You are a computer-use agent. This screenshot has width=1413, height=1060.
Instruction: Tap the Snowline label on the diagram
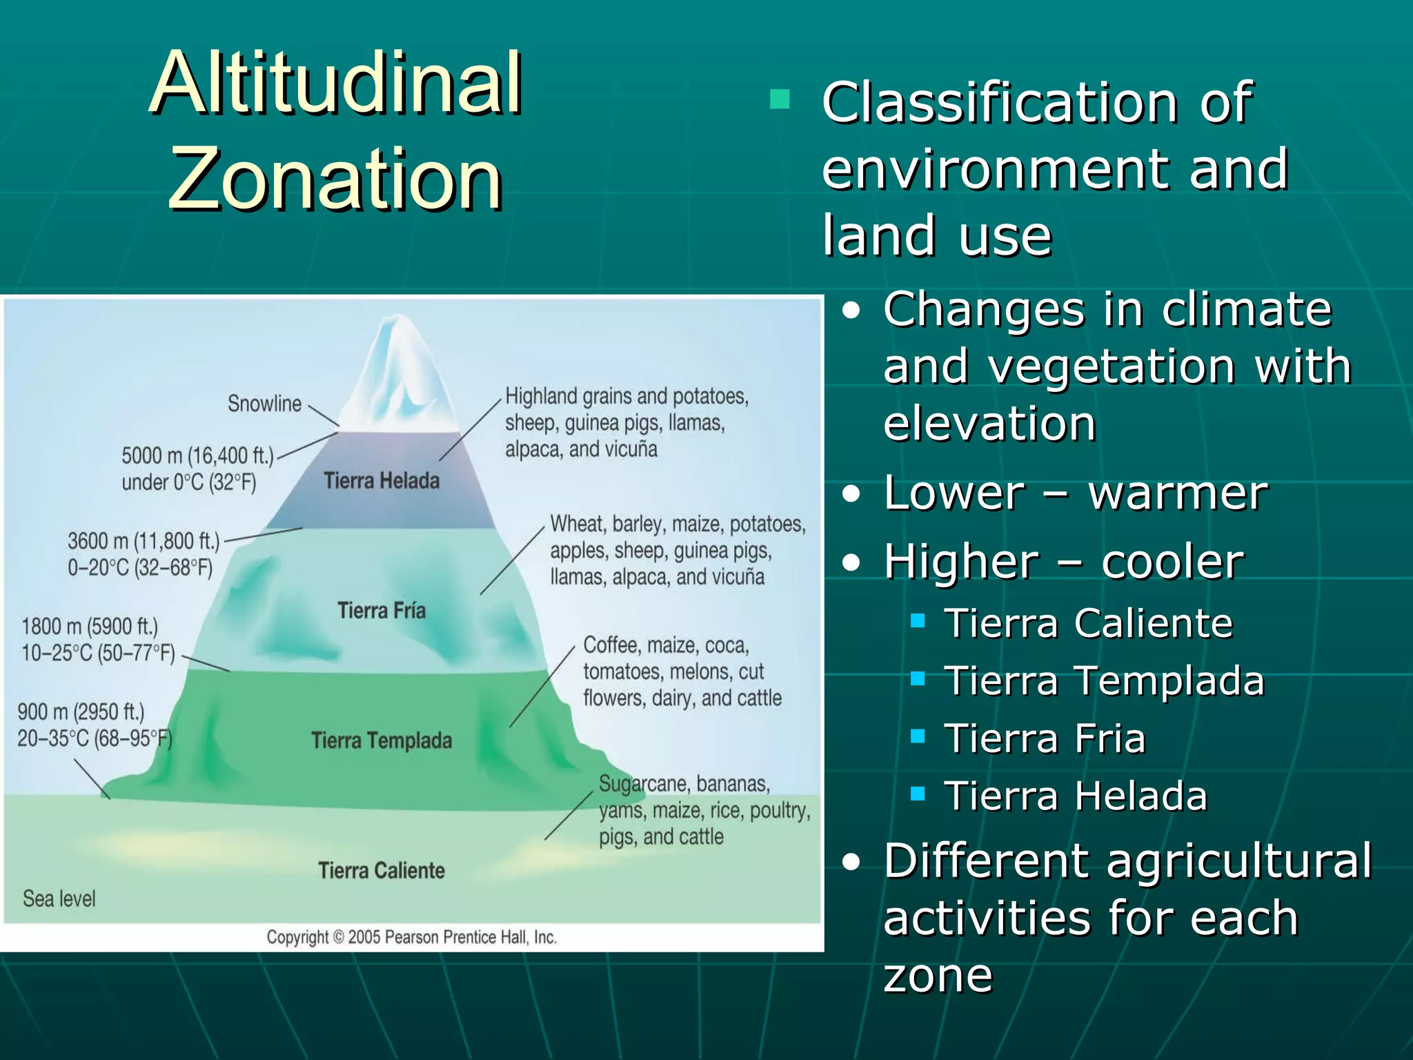point(264,404)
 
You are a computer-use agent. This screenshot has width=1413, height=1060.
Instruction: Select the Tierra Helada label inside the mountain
point(382,480)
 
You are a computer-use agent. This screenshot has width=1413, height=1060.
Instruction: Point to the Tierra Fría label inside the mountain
point(382,610)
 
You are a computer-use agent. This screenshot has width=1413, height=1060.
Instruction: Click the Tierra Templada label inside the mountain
point(382,740)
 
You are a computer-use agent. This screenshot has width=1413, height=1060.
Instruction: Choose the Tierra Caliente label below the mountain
point(382,870)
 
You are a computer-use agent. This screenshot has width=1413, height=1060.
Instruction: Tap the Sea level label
point(59,899)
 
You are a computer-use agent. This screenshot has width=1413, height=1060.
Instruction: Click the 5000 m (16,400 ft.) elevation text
point(197,455)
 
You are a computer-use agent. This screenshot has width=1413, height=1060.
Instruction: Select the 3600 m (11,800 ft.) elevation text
point(144,541)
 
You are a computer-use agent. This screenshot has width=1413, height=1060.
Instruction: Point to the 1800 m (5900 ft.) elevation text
point(90,627)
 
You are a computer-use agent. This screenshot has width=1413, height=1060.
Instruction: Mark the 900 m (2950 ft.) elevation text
point(81,711)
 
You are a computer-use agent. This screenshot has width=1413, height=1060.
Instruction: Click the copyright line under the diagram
point(411,937)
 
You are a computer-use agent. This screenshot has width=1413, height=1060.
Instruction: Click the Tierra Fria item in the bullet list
point(1045,738)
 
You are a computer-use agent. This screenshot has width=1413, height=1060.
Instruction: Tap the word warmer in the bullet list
point(1178,493)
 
